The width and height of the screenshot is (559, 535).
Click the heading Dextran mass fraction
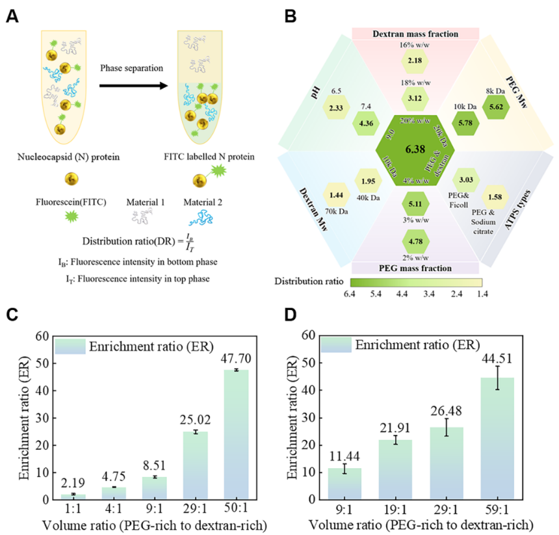click(x=415, y=33)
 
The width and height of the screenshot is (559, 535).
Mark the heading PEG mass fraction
click(x=415, y=267)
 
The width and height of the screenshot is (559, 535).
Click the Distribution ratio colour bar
click(x=415, y=282)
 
